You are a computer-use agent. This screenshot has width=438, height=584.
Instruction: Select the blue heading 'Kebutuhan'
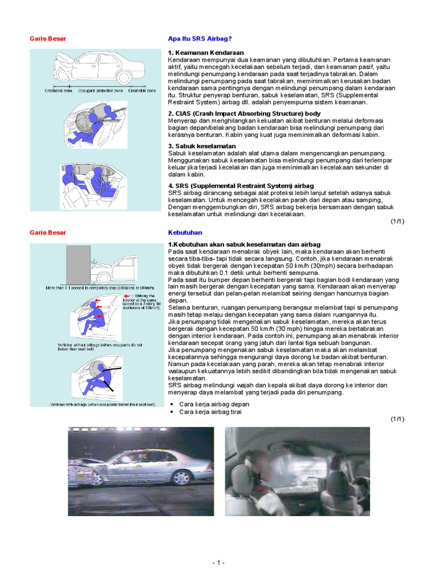click(x=185, y=233)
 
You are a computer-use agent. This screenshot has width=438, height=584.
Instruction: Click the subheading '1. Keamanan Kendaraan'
click(x=206, y=52)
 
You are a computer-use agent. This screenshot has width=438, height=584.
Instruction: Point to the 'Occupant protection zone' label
click(x=100, y=91)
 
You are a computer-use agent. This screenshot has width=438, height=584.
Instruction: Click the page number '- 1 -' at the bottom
click(x=218, y=563)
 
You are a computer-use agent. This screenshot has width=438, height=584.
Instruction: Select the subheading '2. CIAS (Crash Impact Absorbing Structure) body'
click(x=244, y=113)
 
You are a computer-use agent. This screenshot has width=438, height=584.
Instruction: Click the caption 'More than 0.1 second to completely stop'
click(x=94, y=288)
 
